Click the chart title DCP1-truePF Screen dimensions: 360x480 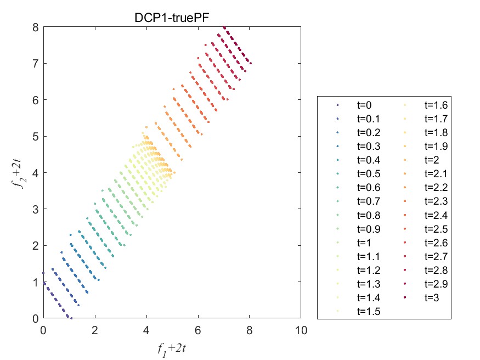(x=172, y=17)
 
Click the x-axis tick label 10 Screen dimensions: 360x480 (x=301, y=330)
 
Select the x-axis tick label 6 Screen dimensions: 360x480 (x=197, y=330)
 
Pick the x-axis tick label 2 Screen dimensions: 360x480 (x=94, y=330)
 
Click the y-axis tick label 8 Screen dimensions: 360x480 (x=35, y=26)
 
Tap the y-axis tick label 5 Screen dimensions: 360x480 (x=35, y=136)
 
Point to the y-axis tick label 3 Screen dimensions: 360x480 (x=35, y=209)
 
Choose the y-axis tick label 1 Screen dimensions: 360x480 (x=35, y=282)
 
